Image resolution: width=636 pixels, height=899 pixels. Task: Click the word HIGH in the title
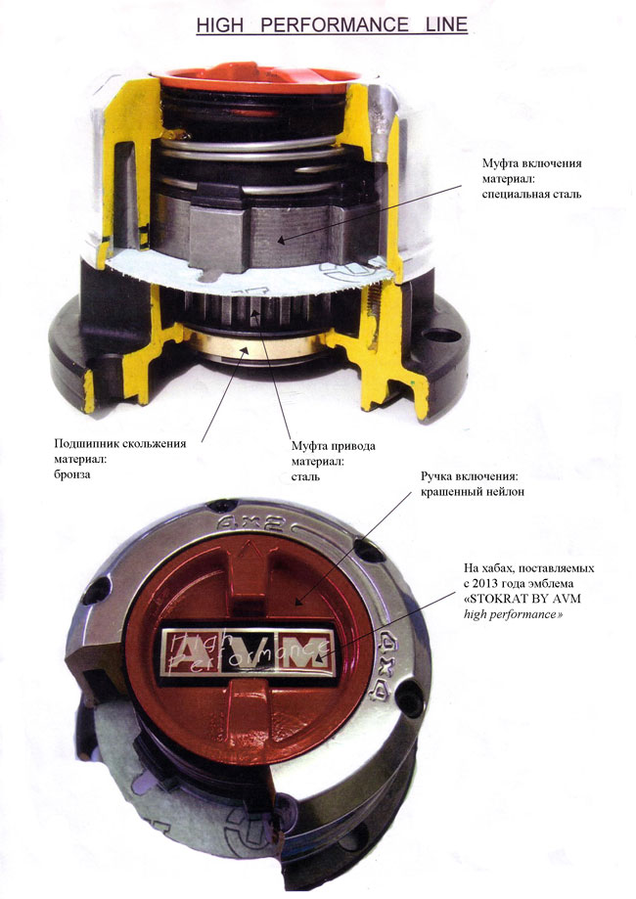click(220, 24)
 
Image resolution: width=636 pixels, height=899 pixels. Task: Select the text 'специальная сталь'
click(531, 194)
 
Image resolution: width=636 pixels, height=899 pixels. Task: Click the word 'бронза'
click(72, 474)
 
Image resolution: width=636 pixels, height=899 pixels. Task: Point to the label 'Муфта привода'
click(334, 446)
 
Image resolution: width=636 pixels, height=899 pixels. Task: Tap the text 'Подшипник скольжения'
click(119, 443)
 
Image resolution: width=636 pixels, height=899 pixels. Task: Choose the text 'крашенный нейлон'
click(473, 491)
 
